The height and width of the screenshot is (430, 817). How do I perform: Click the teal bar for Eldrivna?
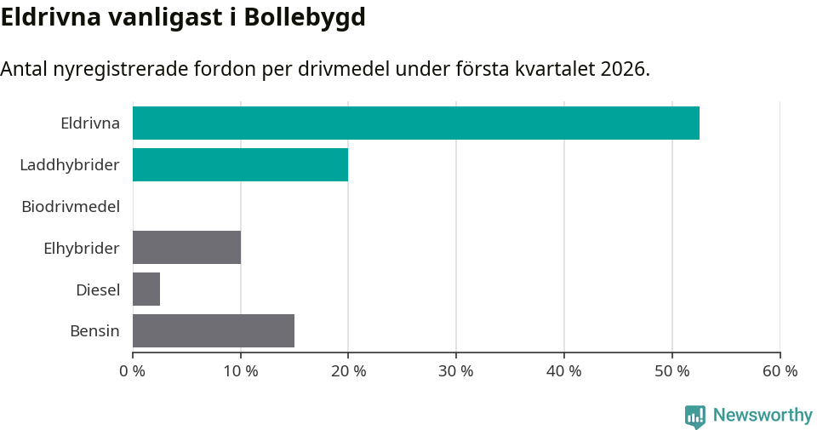[415, 123]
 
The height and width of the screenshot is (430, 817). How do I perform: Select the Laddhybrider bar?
[240, 164]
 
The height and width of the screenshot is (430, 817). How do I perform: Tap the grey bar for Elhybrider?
[186, 247]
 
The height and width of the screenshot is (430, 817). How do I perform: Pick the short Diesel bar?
[146, 289]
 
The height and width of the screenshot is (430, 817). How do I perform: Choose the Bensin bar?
[213, 330]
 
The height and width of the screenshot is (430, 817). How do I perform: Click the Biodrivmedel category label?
[71, 206]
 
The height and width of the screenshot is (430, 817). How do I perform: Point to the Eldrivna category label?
[90, 123]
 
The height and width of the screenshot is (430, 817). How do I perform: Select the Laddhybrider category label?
[70, 164]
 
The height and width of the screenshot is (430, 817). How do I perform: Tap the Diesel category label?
[98, 290]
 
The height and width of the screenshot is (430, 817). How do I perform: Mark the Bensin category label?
[94, 331]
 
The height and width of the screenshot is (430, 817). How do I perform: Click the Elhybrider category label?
[82, 248]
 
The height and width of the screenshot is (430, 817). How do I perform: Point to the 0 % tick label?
[133, 371]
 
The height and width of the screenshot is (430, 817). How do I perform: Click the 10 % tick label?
[241, 371]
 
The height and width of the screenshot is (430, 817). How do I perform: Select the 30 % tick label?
[456, 371]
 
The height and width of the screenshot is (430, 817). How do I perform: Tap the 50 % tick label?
[672, 371]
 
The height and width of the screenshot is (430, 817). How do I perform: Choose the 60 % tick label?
[780, 371]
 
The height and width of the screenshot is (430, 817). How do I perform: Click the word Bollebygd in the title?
[304, 17]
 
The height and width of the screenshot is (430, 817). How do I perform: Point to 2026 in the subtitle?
[622, 69]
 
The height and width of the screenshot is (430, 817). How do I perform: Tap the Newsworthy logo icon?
[694, 416]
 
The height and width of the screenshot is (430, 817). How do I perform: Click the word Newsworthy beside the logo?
[763, 416]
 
